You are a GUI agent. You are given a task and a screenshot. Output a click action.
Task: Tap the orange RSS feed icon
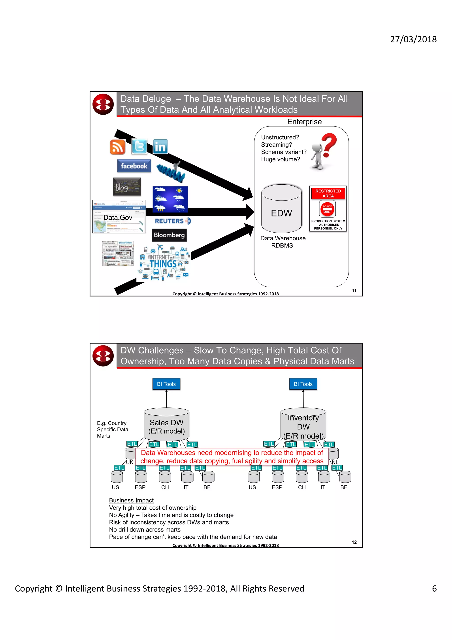(117, 147)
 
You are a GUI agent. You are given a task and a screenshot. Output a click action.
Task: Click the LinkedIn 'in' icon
(160, 147)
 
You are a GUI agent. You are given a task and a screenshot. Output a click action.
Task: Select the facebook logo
(134, 166)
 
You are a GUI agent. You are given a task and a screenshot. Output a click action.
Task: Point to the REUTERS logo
(172, 221)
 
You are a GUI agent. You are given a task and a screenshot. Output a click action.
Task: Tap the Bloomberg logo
(169, 235)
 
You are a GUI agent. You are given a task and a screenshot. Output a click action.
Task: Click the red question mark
(329, 145)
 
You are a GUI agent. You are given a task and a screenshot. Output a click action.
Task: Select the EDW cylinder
(281, 209)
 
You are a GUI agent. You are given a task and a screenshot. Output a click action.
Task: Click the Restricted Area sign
(328, 208)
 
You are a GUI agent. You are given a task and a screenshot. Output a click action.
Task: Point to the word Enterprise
(304, 122)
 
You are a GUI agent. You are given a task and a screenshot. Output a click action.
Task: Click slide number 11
(354, 290)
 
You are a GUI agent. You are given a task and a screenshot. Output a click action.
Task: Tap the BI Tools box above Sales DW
(166, 384)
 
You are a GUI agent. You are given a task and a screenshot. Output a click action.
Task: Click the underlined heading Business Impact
(131, 500)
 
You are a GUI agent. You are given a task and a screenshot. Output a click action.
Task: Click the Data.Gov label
(118, 218)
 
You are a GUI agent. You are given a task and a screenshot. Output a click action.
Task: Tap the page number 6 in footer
(434, 588)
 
